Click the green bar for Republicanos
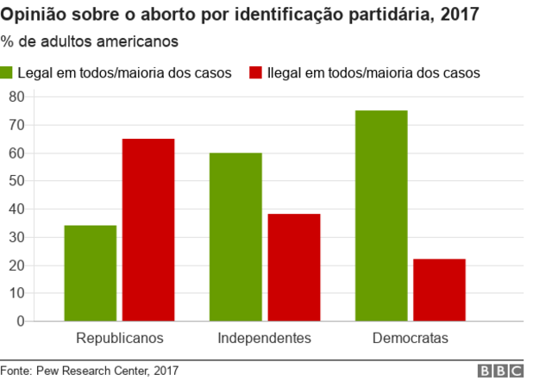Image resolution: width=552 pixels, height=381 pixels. (x=90, y=273)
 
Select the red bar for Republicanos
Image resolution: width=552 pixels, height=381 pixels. (x=147, y=230)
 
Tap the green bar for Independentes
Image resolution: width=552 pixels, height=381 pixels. (x=235, y=237)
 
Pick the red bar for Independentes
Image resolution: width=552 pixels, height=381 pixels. (x=293, y=267)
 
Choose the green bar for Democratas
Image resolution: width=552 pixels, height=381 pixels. (x=381, y=215)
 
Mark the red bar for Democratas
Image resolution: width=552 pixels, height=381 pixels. (x=440, y=290)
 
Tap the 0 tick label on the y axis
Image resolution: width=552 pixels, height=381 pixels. (x=20, y=322)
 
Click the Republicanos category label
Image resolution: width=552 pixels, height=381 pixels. (x=119, y=338)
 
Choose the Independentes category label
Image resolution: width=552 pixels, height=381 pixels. (x=264, y=338)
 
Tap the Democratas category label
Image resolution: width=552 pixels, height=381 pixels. (x=411, y=338)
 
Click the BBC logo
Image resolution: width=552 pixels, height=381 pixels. (x=501, y=371)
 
